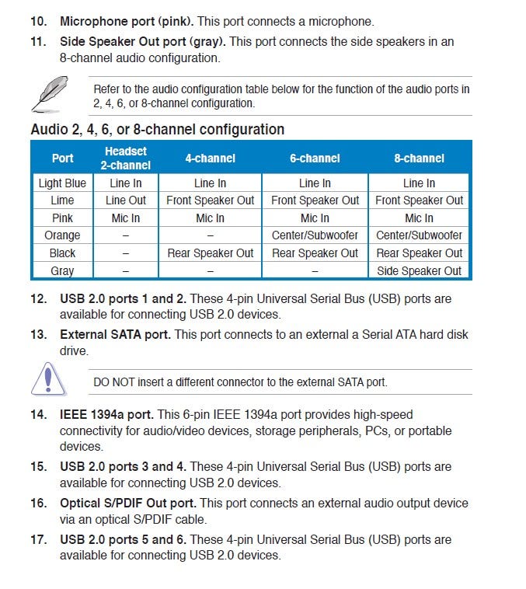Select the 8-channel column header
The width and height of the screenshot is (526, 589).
click(x=419, y=158)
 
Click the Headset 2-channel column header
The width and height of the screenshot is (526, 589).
click(x=125, y=158)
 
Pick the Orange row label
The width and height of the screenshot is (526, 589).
click(x=62, y=235)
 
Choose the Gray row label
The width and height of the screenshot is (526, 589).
click(x=62, y=271)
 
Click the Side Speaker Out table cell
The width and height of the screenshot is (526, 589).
click(x=419, y=271)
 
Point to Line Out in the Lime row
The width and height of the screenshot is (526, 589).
click(x=125, y=200)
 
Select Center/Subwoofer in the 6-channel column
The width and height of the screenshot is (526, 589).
click(x=315, y=235)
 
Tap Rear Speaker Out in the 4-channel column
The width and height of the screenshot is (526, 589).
click(x=210, y=253)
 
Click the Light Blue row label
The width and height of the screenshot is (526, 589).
click(x=62, y=183)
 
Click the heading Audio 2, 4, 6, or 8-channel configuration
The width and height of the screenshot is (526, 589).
click(x=157, y=130)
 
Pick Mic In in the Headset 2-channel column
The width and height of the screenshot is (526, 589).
click(x=125, y=218)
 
